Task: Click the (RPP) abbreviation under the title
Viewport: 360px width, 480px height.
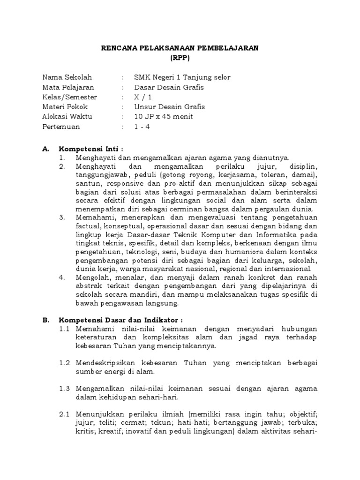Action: tap(180, 58)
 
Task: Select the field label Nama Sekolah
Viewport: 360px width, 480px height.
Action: tap(67, 77)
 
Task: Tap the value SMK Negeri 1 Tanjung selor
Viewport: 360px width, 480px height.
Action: tap(182, 77)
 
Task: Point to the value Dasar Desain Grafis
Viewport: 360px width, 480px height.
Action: tap(169, 87)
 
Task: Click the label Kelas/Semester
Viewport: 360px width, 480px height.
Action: tap(69, 97)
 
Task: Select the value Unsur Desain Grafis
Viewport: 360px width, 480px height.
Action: tap(169, 107)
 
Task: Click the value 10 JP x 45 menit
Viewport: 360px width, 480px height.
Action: tap(163, 117)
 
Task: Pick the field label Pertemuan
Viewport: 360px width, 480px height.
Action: tap(61, 127)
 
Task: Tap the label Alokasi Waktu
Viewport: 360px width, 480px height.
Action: tap(67, 117)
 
